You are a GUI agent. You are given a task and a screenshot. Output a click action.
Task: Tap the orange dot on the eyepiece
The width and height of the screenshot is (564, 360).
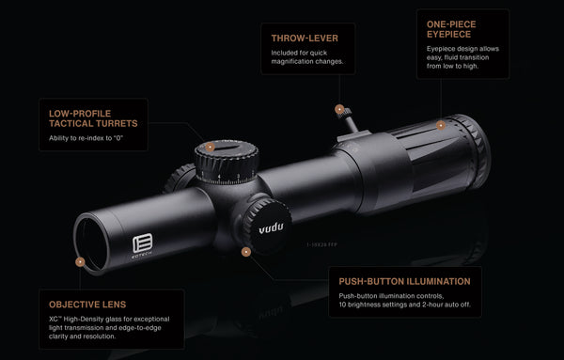[440, 124]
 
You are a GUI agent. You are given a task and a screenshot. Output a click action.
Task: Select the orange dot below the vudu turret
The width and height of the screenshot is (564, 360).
[246, 251]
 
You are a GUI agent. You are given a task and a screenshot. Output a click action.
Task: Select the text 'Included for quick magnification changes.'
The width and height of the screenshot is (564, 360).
[306, 56]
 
